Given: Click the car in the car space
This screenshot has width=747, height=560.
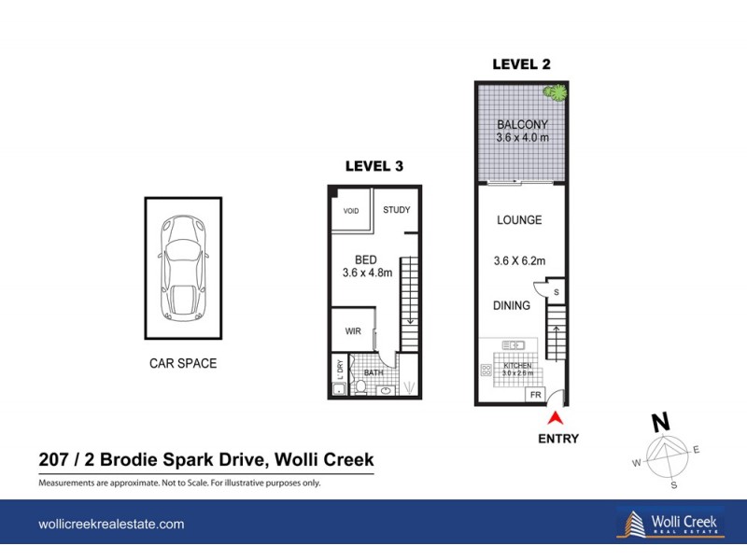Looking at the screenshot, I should click(182, 268).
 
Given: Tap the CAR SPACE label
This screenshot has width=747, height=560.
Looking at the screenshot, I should click(183, 363).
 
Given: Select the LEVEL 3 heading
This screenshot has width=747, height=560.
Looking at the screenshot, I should click(373, 166).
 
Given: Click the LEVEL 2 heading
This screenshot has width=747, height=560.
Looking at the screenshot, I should click(521, 64).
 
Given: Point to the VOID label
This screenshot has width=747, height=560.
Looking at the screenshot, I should click(351, 211).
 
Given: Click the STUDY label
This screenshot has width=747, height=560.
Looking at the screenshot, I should click(396, 210).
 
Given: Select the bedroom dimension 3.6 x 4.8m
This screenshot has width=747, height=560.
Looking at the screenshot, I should click(367, 273).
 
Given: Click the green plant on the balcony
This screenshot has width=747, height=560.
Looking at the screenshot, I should click(557, 92).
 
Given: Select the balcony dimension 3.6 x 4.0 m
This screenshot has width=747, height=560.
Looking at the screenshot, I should click(522, 137).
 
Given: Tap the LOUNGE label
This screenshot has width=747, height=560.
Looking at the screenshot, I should click(520, 220).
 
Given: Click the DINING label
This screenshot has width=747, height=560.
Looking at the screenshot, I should click(512, 305).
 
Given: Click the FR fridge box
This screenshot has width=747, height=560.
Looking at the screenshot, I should click(535, 396).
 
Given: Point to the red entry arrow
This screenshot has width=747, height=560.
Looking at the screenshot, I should click(557, 418).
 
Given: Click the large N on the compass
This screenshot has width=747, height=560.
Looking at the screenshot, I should click(660, 423).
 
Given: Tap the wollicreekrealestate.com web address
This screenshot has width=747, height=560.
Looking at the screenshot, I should click(111, 525).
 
